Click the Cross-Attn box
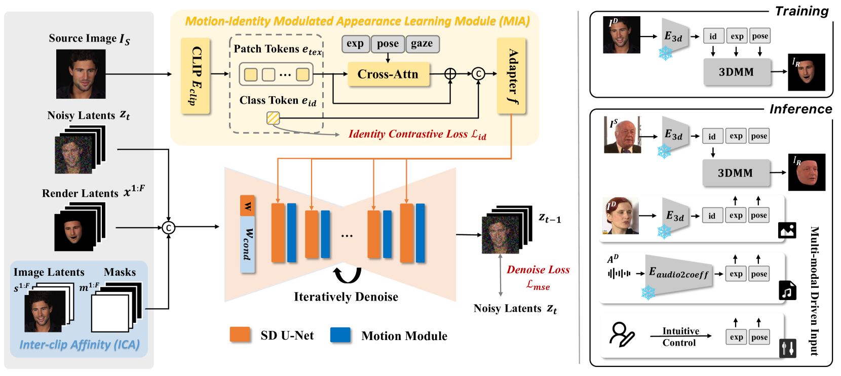pyautogui.click(x=388, y=74)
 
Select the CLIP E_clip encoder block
pyautogui.click(x=196, y=75)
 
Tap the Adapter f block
pyautogui.click(x=511, y=75)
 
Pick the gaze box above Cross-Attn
pyautogui.click(x=422, y=44)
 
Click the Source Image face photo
pyautogui.click(x=81, y=74)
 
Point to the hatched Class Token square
pyautogui.click(x=273, y=118)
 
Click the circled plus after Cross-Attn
pyautogui.click(x=450, y=74)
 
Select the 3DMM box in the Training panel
pyautogui.click(x=736, y=72)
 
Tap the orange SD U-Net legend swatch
pyautogui.click(x=240, y=335)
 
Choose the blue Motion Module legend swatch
pyautogui.click(x=340, y=335)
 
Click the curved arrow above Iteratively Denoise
pyautogui.click(x=347, y=275)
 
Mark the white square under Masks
pyautogui.click(x=110, y=313)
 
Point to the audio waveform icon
pyautogui.click(x=619, y=274)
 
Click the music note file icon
pyautogui.click(x=787, y=290)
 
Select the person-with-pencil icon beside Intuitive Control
pyautogui.click(x=622, y=335)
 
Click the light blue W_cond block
pyautogui.click(x=248, y=244)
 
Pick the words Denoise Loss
pyautogui.click(x=538, y=270)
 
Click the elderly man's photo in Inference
pyautogui.click(x=622, y=135)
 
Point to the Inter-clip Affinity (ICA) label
pyautogui.click(x=79, y=345)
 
